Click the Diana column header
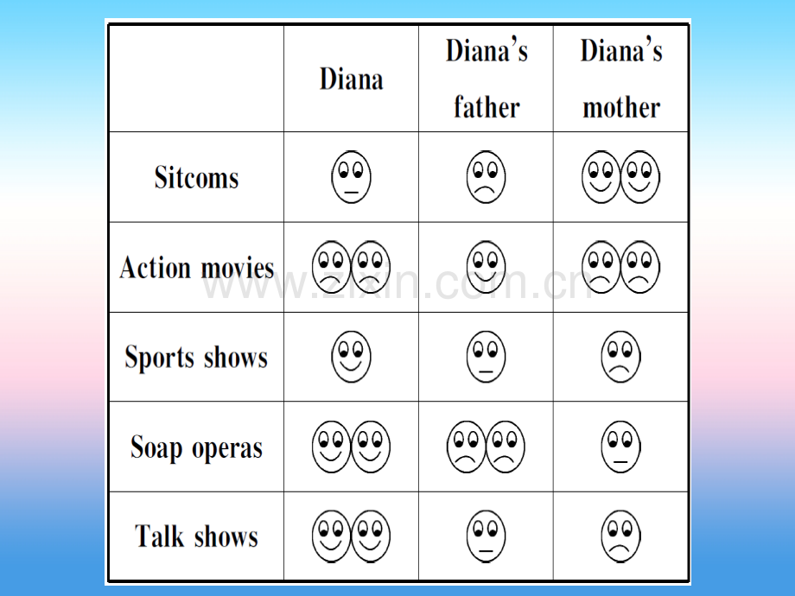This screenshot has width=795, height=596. pyautogui.click(x=351, y=79)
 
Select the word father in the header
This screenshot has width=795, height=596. pyautogui.click(x=487, y=107)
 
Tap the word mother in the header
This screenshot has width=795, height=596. pyautogui.click(x=621, y=107)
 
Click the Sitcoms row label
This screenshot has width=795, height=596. pyautogui.click(x=197, y=177)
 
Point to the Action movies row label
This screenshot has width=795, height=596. pyautogui.click(x=197, y=267)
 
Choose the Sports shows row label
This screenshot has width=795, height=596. pyautogui.click(x=196, y=357)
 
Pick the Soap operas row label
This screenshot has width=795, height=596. pyautogui.click(x=197, y=447)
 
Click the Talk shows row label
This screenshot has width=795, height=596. pyautogui.click(x=197, y=536)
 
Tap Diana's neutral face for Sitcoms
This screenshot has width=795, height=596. pyautogui.click(x=351, y=177)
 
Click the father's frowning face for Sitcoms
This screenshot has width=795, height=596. pyautogui.click(x=486, y=177)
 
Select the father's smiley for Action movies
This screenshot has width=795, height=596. pyautogui.click(x=486, y=267)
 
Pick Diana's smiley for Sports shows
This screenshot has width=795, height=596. pyautogui.click(x=351, y=357)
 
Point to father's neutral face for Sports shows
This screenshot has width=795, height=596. pyautogui.click(x=486, y=357)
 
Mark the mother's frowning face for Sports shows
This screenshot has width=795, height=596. pyautogui.click(x=620, y=357)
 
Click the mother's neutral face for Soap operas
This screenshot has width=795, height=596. pyautogui.click(x=620, y=447)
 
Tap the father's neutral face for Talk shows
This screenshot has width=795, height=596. pyautogui.click(x=486, y=536)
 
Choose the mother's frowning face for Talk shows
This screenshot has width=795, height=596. pyautogui.click(x=620, y=536)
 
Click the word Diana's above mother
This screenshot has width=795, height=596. pyautogui.click(x=621, y=51)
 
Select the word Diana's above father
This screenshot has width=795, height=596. pyautogui.click(x=487, y=51)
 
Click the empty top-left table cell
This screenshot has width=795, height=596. pyautogui.click(x=196, y=79)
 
